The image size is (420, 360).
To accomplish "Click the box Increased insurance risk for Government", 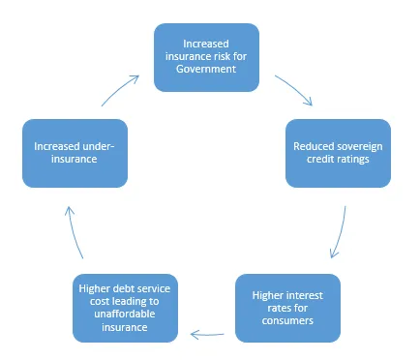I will point(207,57).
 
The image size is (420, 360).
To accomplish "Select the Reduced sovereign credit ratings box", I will point(338,153).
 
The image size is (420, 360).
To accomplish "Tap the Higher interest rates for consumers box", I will point(287,308).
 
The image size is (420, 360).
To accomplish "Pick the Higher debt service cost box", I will point(127,308).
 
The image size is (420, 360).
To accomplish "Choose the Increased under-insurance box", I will point(75,153).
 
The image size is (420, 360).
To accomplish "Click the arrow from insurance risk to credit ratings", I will point(293,90).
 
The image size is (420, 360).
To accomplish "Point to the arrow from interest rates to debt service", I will point(209,334).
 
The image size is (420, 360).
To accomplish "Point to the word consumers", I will point(287,320).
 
